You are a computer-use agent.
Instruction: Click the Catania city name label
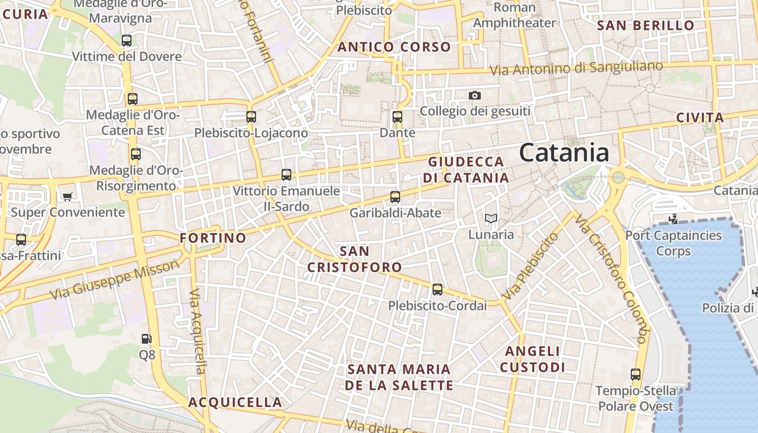click(x=564, y=153)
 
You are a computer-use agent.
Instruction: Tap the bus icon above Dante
click(x=397, y=116)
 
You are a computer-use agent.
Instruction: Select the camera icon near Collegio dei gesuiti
click(x=474, y=95)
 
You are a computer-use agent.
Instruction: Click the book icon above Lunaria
click(x=491, y=219)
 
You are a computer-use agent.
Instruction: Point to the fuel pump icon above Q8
click(x=146, y=339)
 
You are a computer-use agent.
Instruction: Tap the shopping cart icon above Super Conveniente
click(x=68, y=196)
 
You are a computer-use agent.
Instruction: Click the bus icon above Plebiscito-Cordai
click(x=437, y=290)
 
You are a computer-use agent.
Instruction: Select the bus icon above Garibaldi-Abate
click(x=395, y=197)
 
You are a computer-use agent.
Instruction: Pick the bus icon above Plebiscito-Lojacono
click(x=251, y=116)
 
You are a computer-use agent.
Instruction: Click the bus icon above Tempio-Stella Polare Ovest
click(x=636, y=374)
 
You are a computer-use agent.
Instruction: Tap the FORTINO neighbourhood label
click(x=213, y=238)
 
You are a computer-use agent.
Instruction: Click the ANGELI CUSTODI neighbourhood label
click(x=533, y=359)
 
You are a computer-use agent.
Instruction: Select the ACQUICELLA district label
click(x=235, y=402)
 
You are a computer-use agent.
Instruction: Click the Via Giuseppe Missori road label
click(x=114, y=280)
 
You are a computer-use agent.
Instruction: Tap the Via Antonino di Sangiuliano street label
click(x=576, y=68)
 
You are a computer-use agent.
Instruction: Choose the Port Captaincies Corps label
click(x=674, y=243)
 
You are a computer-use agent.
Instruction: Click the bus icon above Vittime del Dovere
click(x=127, y=41)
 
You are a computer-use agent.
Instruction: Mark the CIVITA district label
click(x=700, y=117)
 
